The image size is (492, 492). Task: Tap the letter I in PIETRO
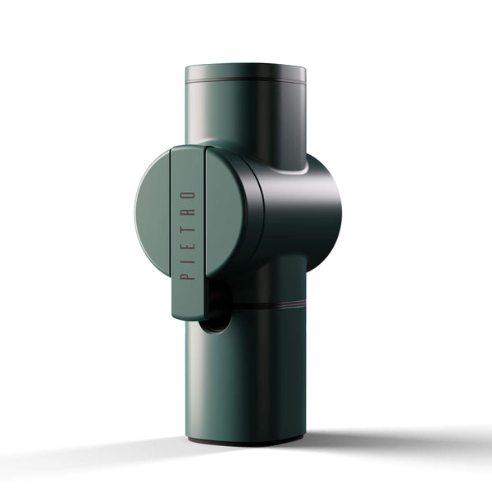(188, 258)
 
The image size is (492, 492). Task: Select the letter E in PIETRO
(188, 244)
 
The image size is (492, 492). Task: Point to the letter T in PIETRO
(188, 228)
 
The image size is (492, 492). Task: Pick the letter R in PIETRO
(188, 212)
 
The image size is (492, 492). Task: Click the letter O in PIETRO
(188, 197)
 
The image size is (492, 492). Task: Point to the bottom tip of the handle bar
(187, 314)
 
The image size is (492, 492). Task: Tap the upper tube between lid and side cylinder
(245, 115)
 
